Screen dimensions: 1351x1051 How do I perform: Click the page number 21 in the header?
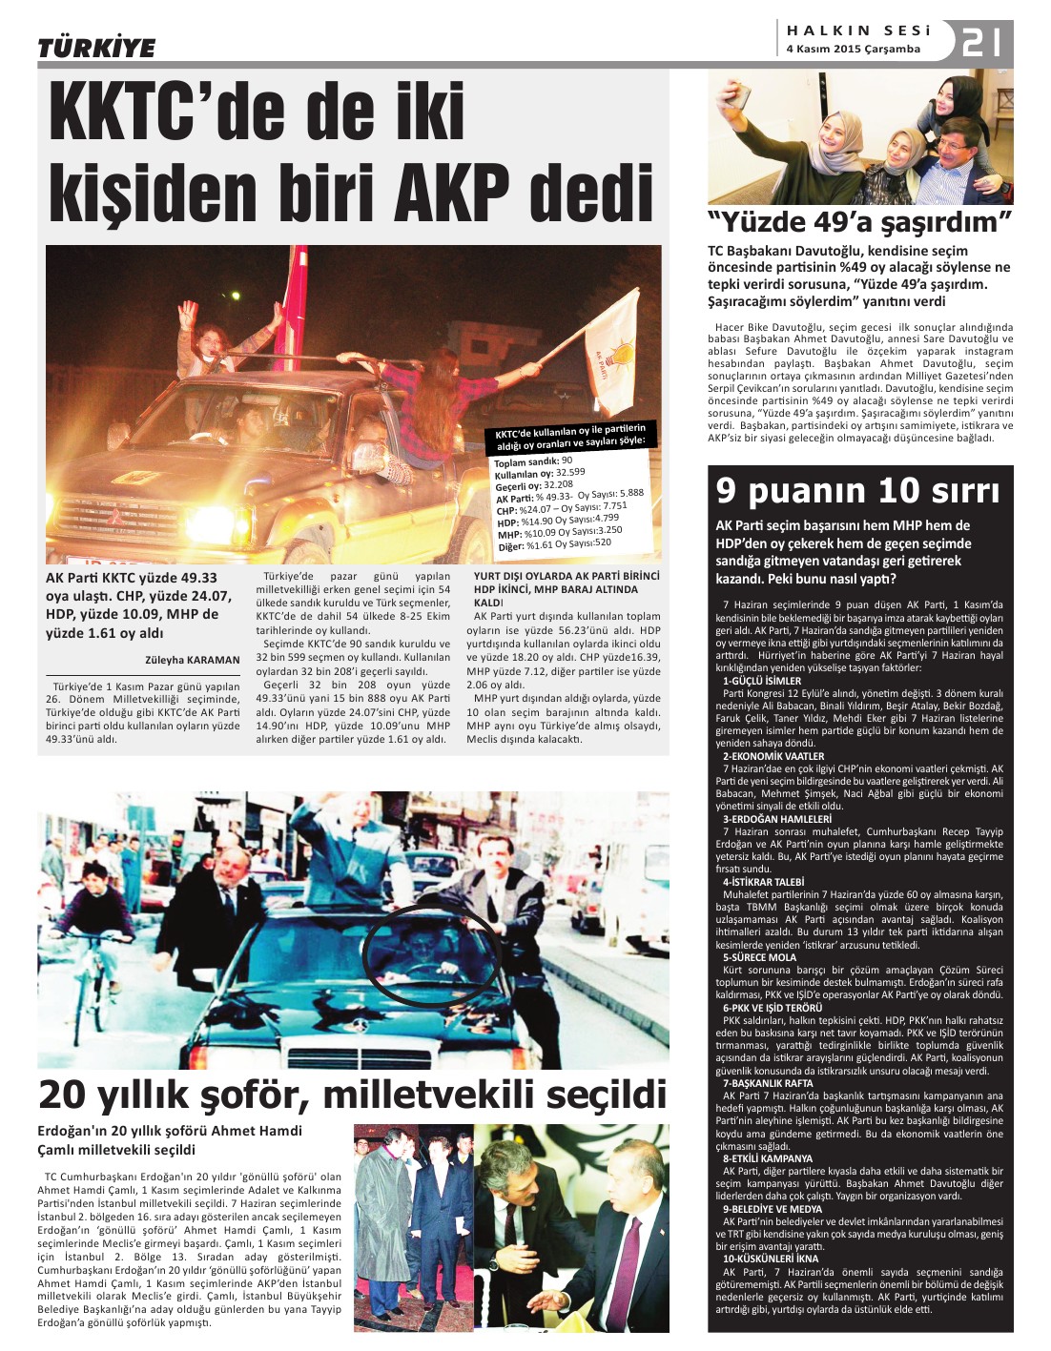click(982, 43)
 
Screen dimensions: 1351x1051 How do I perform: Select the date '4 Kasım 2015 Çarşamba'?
click(853, 50)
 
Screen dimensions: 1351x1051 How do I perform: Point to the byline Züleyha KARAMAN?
click(193, 660)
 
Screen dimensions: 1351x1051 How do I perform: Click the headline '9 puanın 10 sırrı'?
click(857, 491)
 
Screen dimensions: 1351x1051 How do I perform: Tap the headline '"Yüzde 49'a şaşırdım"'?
click(858, 223)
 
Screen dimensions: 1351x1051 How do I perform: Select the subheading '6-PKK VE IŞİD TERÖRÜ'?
click(772, 1008)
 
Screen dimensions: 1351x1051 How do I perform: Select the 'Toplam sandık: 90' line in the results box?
click(533, 462)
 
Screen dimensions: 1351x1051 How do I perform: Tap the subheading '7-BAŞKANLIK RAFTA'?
click(768, 1084)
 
